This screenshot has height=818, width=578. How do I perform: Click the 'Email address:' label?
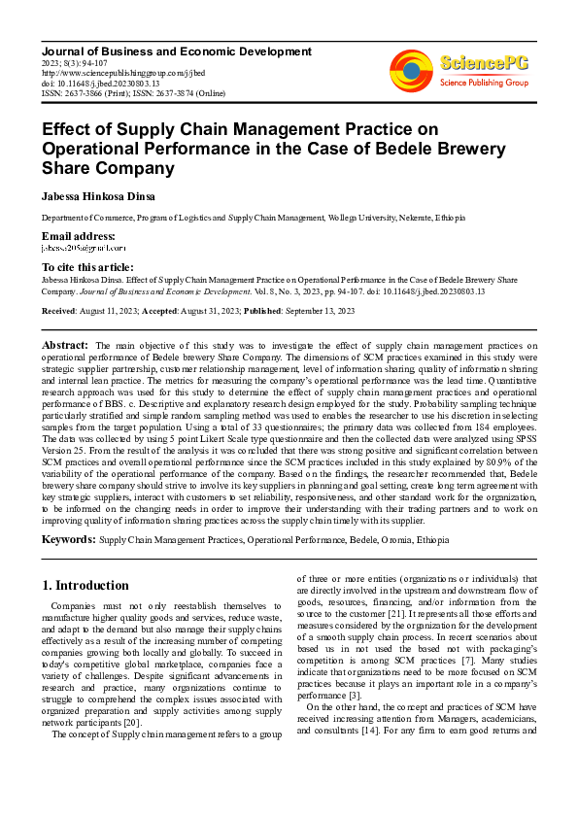pos(78,236)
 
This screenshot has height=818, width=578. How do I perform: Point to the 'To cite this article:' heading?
pos(87,267)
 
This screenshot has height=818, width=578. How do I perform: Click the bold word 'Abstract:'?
pos(65,345)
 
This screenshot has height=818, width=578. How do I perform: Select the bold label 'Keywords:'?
pos(68,537)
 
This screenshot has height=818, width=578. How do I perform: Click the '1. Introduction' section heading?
pos(86,586)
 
